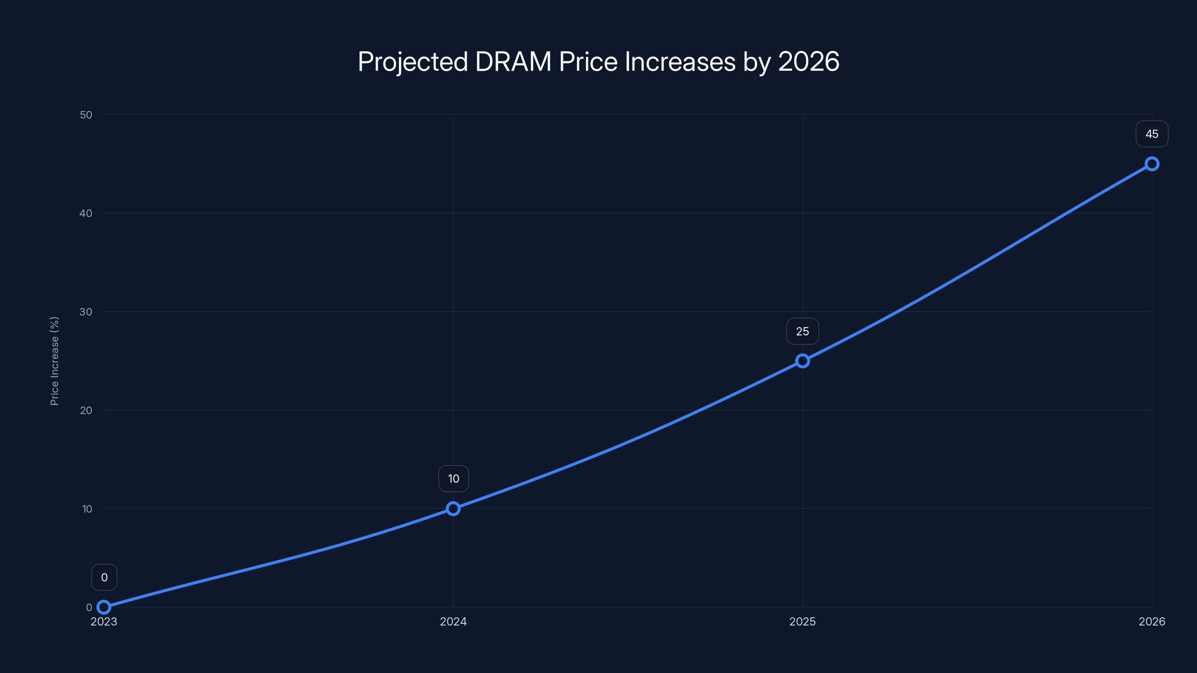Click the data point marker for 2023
click(x=104, y=607)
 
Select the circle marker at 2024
click(x=453, y=508)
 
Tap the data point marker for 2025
click(x=802, y=361)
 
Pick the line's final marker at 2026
click(x=1152, y=164)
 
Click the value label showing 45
click(x=1152, y=134)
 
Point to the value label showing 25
click(x=802, y=332)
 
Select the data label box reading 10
click(x=453, y=479)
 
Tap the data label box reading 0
click(x=104, y=577)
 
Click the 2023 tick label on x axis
click(x=104, y=621)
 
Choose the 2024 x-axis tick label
click(x=453, y=621)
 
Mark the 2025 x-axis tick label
click(x=802, y=621)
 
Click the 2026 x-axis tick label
click(x=1152, y=621)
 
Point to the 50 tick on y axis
click(x=86, y=115)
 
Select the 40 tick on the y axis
click(x=86, y=213)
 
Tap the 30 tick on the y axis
click(x=86, y=312)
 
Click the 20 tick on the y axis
click(x=86, y=410)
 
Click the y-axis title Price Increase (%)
click(x=54, y=361)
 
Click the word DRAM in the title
click(x=513, y=62)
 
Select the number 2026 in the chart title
click(x=808, y=62)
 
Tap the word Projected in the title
click(x=412, y=62)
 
